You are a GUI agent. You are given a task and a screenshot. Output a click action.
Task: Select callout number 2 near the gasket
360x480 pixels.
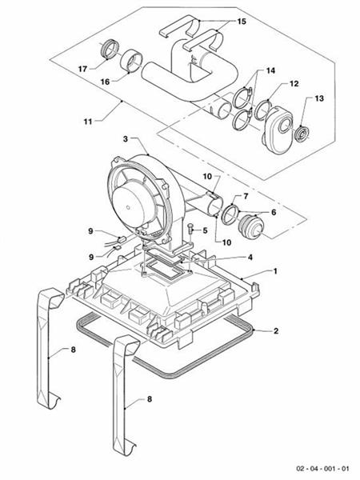tap(276, 330)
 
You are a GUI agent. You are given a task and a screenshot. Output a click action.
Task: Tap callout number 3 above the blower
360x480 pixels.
tap(124, 139)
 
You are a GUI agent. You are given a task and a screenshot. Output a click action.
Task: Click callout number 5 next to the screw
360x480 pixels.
tap(205, 231)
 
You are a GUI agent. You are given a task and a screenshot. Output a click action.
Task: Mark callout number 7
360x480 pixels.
tap(245, 196)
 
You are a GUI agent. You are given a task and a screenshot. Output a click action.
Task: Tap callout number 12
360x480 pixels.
tap(293, 84)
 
